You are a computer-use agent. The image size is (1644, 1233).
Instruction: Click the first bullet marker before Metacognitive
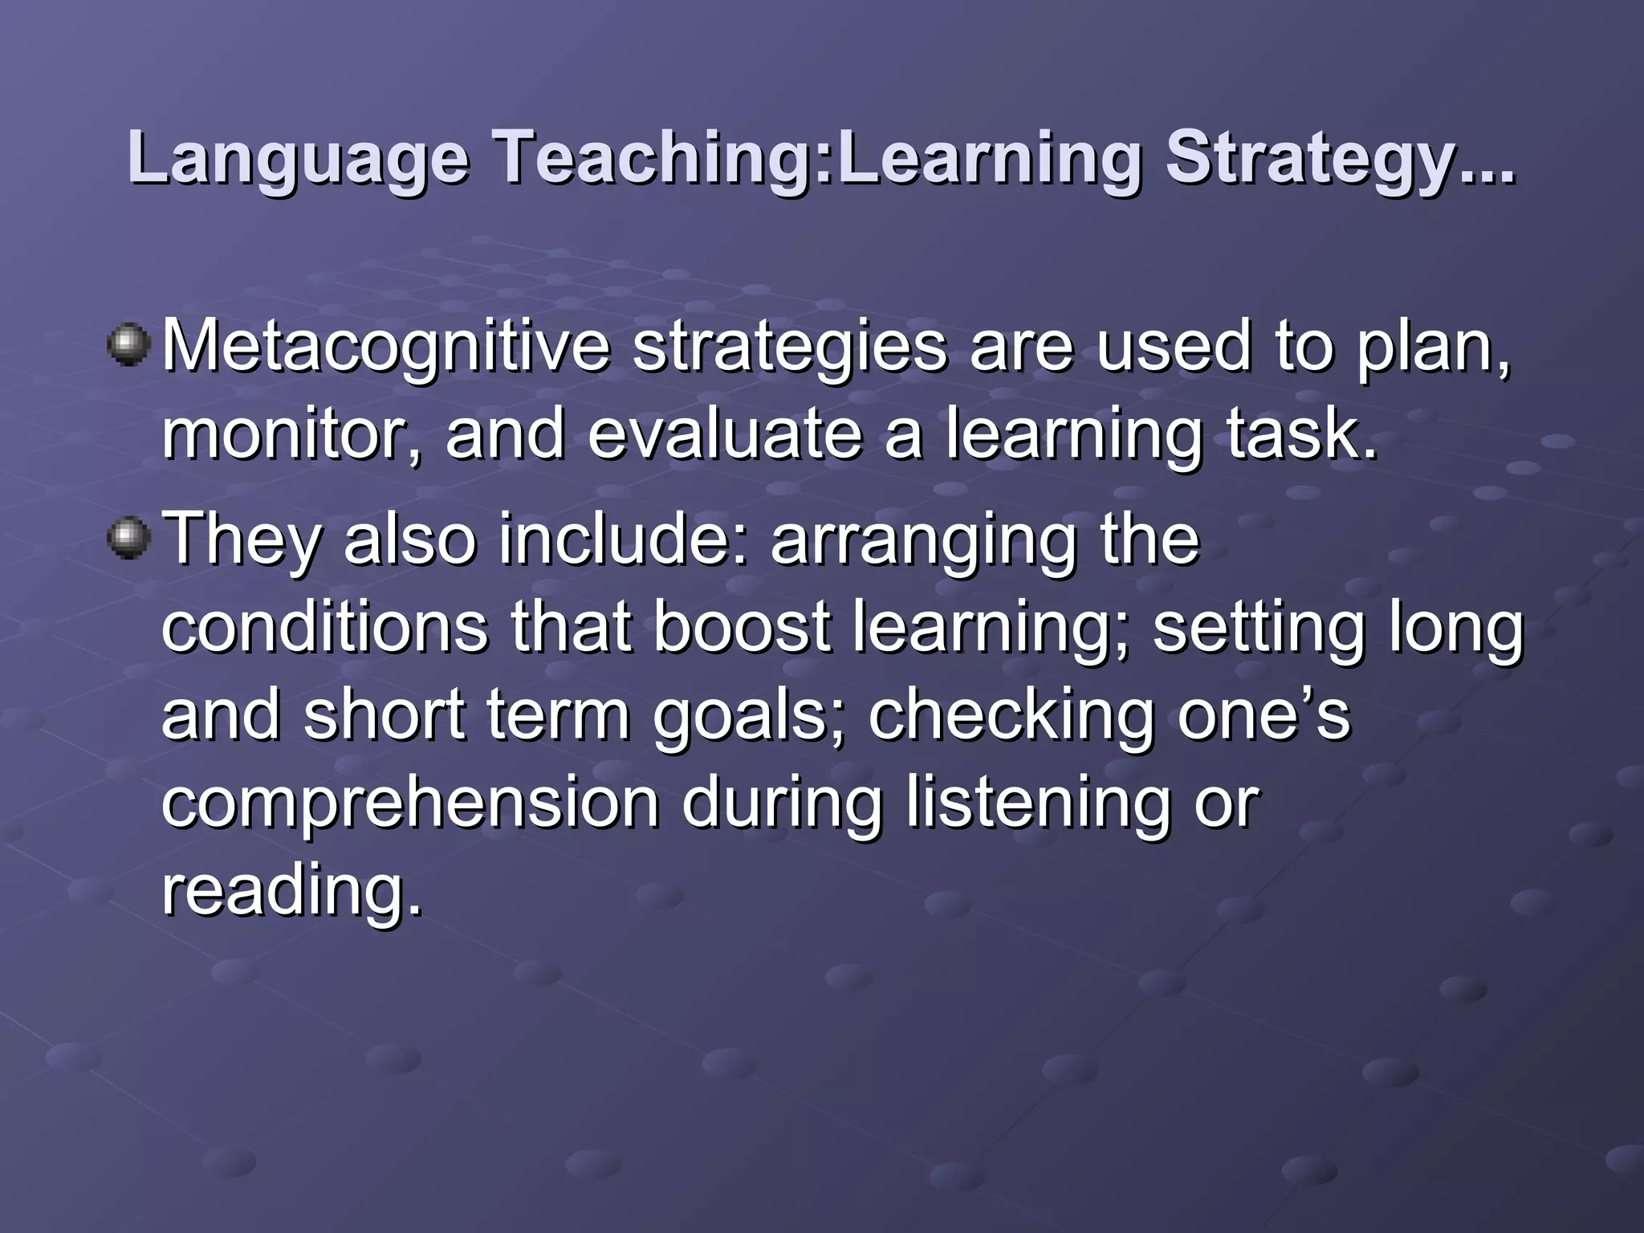point(128,345)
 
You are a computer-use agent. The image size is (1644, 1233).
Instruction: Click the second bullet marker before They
point(128,538)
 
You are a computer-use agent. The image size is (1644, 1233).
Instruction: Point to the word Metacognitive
point(386,347)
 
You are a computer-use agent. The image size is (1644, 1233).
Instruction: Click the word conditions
point(325,628)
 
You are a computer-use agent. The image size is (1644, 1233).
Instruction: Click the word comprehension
point(410,804)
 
